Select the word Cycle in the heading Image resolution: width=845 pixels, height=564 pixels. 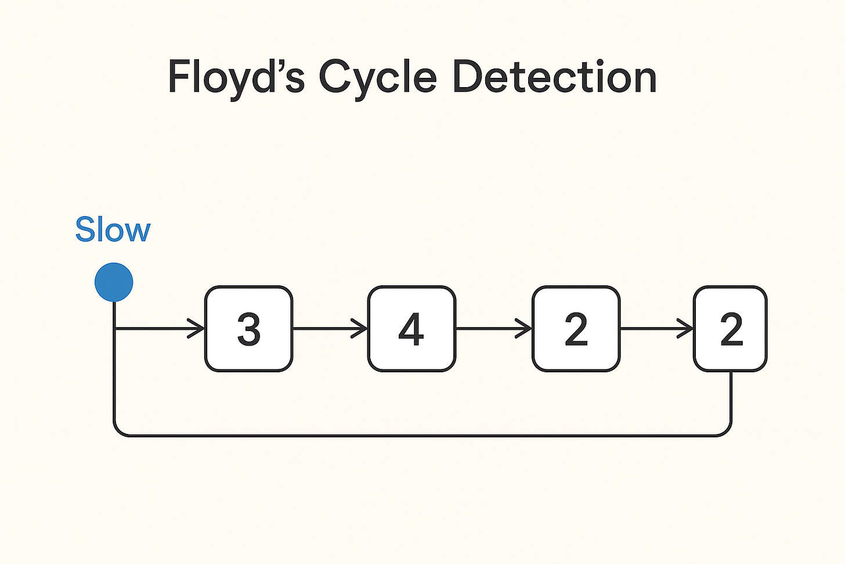[x=377, y=78]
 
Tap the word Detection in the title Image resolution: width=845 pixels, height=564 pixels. [x=554, y=78]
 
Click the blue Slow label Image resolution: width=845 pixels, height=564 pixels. [x=113, y=230]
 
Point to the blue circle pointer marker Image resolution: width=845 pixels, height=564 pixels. [x=114, y=282]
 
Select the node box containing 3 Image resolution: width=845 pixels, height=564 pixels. [x=249, y=329]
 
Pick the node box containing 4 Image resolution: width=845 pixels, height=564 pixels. [x=411, y=329]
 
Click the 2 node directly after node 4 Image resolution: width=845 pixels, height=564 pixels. [x=576, y=329]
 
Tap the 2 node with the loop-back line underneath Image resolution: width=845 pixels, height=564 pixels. [x=730, y=329]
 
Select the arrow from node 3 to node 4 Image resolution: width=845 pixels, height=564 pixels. [x=330, y=329]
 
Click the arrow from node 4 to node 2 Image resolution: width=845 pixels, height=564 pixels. [x=493, y=329]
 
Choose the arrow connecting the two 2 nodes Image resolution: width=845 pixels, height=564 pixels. [x=656, y=329]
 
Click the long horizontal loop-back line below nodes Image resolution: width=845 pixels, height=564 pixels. [x=423, y=434]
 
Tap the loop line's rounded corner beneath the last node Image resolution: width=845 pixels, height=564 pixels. [x=726, y=430]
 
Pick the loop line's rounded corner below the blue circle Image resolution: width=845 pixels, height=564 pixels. [x=118, y=430]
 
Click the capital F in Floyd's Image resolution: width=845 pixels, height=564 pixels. [x=178, y=78]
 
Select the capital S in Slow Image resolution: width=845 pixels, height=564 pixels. [x=85, y=230]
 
